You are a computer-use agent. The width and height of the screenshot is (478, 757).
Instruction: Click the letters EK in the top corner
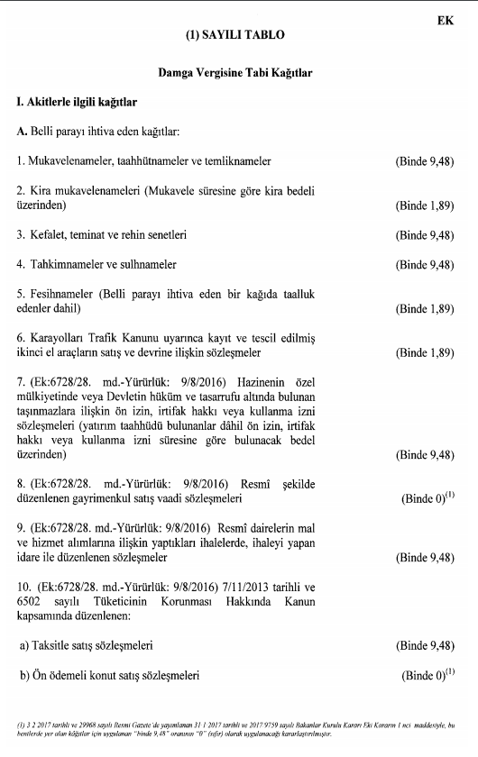(445, 17)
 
